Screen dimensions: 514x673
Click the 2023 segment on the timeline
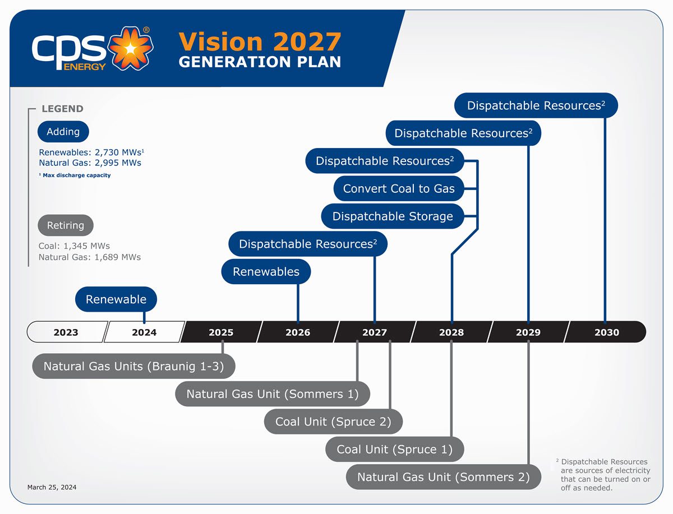[66, 332]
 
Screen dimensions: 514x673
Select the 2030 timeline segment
[606, 332]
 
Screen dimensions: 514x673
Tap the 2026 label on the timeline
[298, 332]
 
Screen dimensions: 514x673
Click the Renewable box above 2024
[116, 299]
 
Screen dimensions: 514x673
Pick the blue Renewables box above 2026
[266, 272]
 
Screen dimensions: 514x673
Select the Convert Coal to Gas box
[399, 189]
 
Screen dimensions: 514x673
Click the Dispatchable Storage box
[393, 216]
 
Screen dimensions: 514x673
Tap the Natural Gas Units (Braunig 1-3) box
[133, 367]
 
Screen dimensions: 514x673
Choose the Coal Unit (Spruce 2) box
[333, 422]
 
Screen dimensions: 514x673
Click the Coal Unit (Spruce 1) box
[394, 450]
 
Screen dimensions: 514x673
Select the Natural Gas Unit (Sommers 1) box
[272, 394]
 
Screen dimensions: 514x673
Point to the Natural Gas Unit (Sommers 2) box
[443, 478]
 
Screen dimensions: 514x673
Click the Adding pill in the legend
[63, 132]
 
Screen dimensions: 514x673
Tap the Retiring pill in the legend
[66, 225]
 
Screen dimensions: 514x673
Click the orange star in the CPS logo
[130, 49]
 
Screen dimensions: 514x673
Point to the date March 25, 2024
[52, 488]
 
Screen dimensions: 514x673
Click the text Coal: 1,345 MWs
[74, 246]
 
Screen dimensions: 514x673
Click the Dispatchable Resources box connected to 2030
[536, 105]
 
